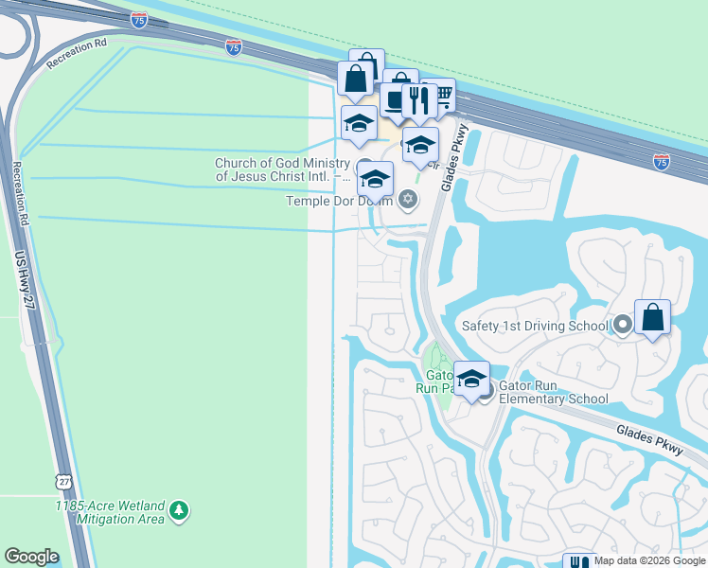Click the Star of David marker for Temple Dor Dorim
tap(408, 199)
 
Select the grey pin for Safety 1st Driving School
tap(622, 326)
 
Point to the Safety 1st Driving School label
tap(535, 326)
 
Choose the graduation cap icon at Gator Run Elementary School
tap(470, 379)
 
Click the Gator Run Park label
tap(437, 381)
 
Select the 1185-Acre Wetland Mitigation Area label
tap(112, 512)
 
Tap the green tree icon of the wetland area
tap(179, 512)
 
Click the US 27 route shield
tap(63, 482)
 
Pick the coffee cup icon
tap(396, 98)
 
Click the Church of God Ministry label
tap(282, 169)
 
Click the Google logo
tap(31, 557)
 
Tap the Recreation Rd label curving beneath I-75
tap(76, 58)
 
